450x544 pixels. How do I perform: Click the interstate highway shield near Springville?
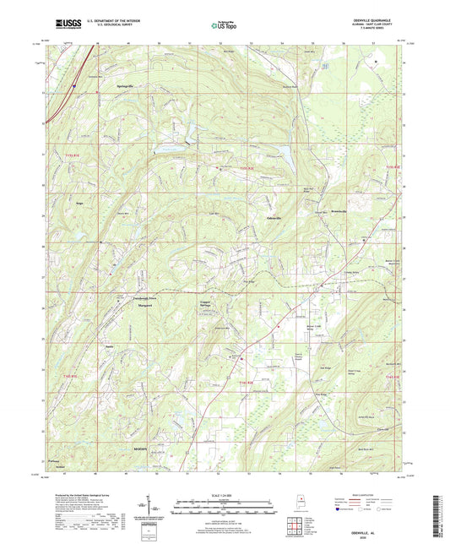[x=74, y=85]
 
